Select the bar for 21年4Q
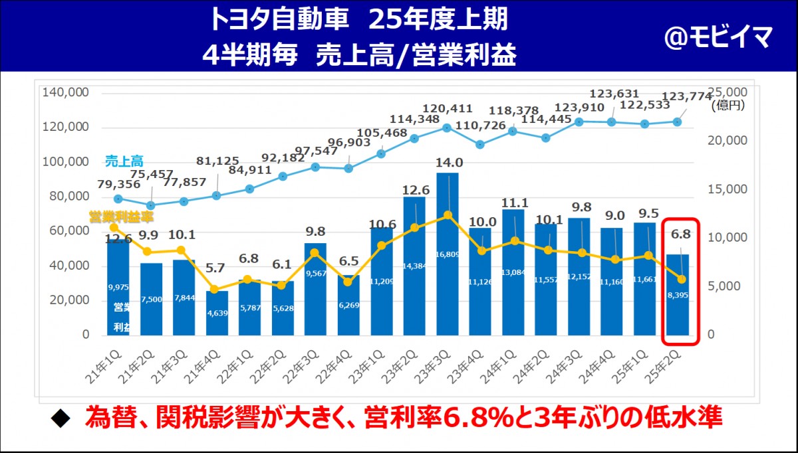tap(217, 313)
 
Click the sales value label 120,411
tap(448, 109)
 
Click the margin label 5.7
tap(216, 269)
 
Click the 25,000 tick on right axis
tap(728, 92)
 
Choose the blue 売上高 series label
tap(124, 161)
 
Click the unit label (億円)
tap(728, 105)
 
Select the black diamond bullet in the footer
tap(61, 419)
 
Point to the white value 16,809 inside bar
tap(448, 254)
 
